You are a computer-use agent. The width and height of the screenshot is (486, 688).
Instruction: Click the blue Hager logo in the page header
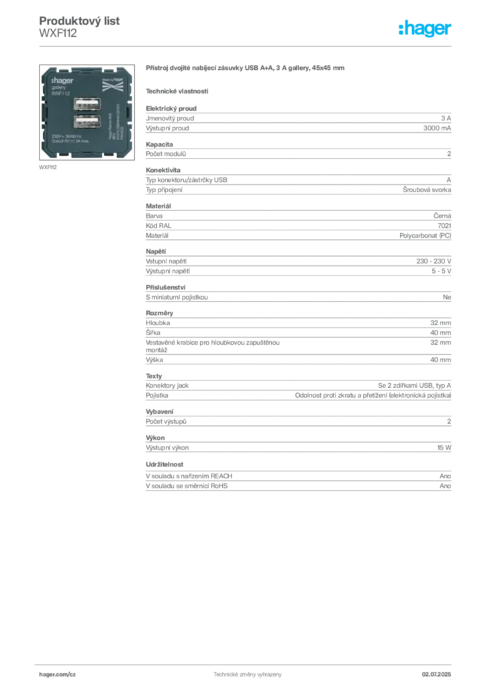tap(426, 29)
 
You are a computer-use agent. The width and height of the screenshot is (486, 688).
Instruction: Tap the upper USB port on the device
tap(87, 105)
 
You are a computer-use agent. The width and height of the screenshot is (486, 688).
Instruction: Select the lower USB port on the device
tap(87, 122)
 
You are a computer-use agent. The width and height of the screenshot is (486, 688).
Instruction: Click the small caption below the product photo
tap(48, 168)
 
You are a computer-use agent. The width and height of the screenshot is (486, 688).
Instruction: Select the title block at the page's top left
tap(81, 26)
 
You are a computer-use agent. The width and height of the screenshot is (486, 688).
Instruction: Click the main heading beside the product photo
tap(247, 69)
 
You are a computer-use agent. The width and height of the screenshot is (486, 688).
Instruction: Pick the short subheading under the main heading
tap(178, 91)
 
